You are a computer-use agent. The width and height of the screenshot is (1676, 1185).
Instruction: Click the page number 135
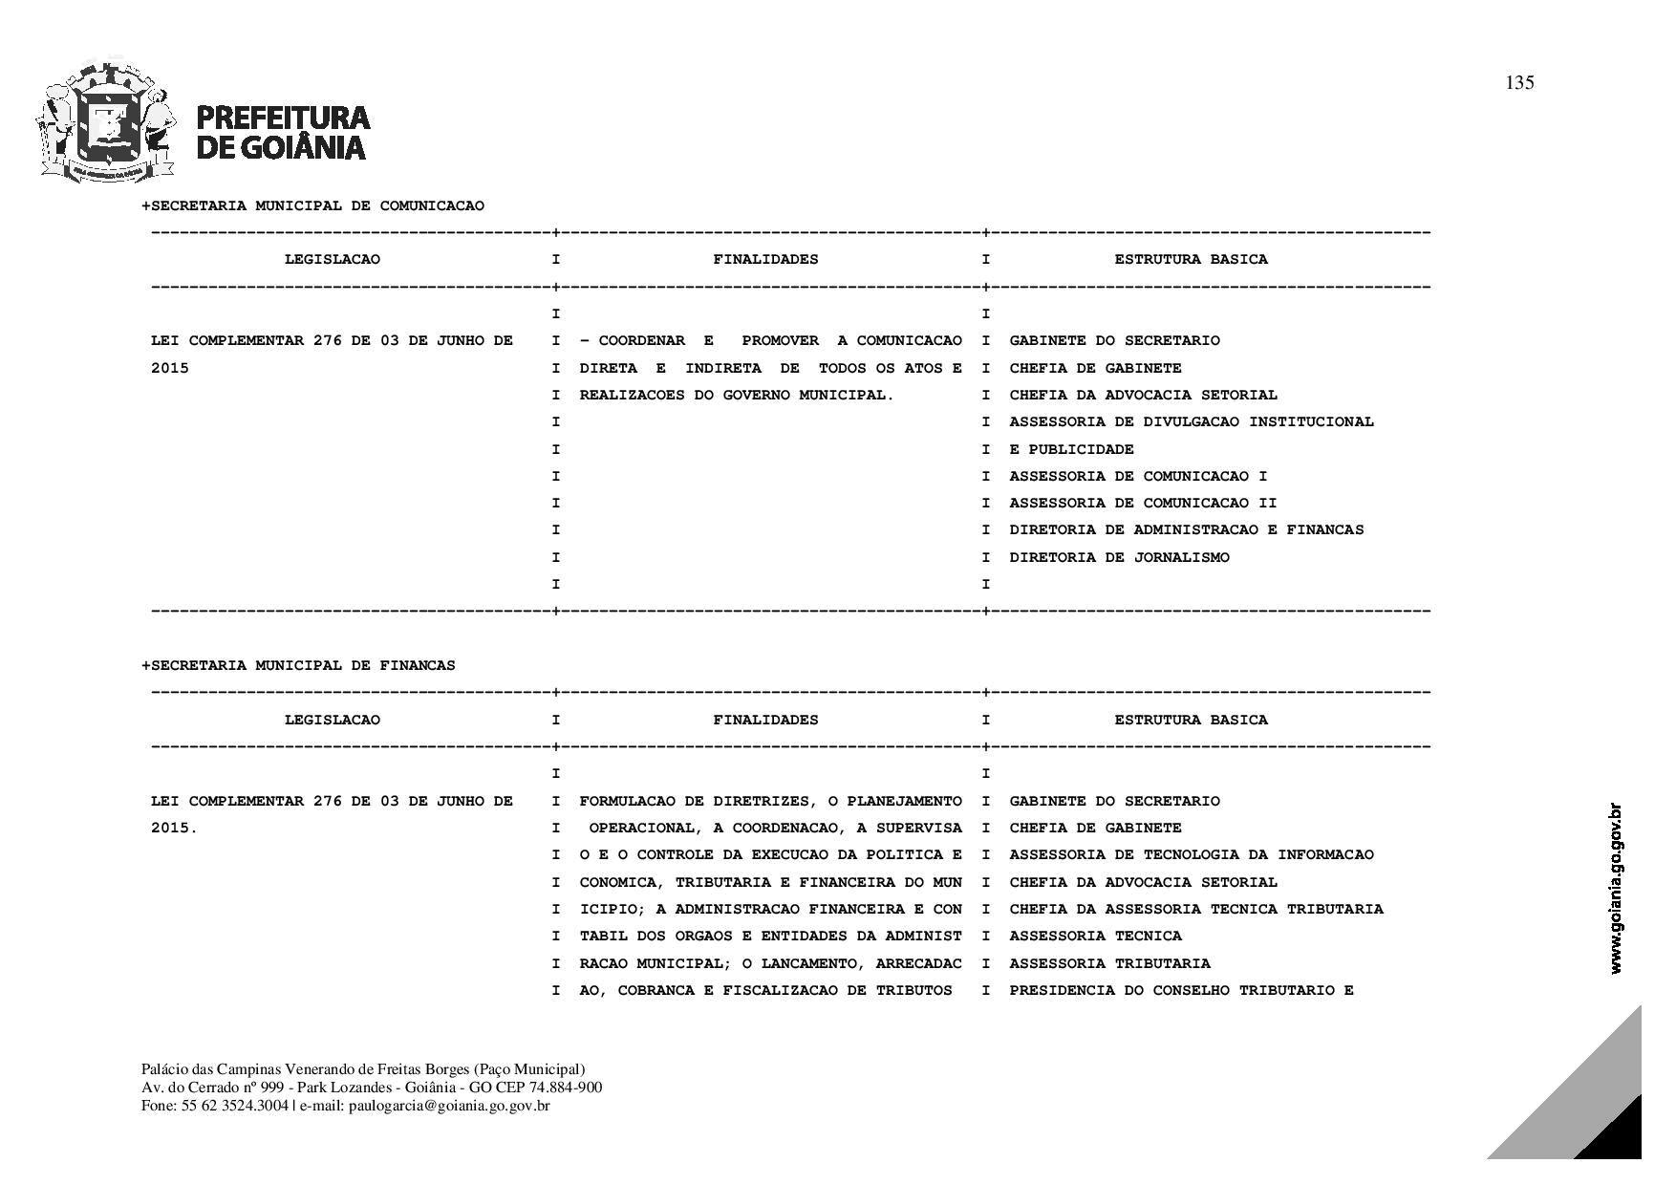(1519, 83)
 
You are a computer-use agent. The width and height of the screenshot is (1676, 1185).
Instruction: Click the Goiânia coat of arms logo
(107, 121)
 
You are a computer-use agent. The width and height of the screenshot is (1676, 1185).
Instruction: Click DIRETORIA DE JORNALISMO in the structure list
(1119, 557)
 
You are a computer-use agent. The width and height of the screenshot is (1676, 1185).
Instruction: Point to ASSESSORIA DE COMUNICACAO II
(1143, 503)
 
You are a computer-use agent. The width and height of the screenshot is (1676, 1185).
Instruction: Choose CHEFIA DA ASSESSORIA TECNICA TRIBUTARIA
(1195, 909)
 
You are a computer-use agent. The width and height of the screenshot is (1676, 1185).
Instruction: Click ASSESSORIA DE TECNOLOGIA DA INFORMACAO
(1191, 854)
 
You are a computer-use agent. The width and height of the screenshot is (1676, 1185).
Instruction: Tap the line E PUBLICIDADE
(1071, 449)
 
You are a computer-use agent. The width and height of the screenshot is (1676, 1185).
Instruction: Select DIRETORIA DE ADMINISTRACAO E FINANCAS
(1186, 529)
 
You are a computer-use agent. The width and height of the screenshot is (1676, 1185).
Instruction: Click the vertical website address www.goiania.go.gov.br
(1616, 889)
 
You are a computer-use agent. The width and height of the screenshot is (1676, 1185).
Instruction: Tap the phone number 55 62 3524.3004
(234, 1106)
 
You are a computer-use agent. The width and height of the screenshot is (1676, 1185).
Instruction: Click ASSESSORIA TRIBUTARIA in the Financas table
(1109, 963)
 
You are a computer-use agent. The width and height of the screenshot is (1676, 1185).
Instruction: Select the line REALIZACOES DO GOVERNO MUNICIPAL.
(736, 395)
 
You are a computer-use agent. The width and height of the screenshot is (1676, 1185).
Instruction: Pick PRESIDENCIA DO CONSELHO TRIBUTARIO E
(1181, 990)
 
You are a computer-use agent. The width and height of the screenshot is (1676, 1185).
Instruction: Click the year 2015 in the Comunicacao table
(170, 368)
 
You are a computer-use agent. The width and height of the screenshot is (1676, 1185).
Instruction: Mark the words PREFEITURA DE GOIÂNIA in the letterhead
(283, 132)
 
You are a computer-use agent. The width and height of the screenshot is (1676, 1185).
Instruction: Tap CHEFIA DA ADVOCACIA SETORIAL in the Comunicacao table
(1143, 395)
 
